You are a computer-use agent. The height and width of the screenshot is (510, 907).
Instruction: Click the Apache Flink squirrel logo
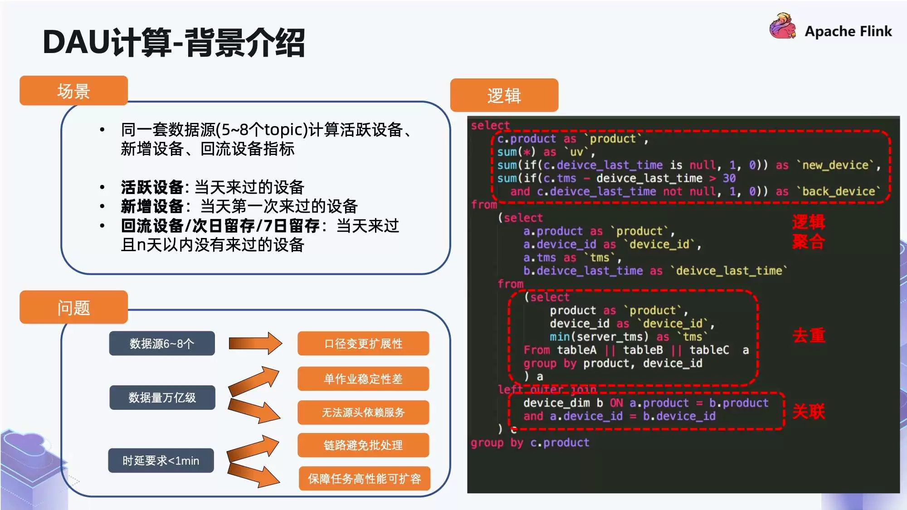pos(782,26)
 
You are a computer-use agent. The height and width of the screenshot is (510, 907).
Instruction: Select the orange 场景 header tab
pos(73,91)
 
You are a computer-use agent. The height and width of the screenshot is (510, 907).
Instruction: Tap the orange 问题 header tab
pos(73,307)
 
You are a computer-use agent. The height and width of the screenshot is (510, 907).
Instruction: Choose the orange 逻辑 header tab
pos(504,95)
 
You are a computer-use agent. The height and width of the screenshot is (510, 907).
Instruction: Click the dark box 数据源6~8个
pos(162,344)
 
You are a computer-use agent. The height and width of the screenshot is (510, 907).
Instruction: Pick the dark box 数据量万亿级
pos(162,398)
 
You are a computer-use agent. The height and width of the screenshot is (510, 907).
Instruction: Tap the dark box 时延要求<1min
pos(161,461)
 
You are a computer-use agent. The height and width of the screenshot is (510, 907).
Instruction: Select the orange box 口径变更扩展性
pos(363,344)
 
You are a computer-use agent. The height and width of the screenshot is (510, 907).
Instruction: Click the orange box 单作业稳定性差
pos(363,379)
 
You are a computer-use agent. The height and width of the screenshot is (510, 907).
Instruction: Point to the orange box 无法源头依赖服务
pos(363,413)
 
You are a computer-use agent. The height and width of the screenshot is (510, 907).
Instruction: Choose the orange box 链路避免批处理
pos(363,445)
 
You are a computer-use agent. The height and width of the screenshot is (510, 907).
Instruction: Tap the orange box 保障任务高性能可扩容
pos(364,479)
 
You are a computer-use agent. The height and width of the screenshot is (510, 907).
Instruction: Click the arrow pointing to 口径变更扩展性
pos(255,343)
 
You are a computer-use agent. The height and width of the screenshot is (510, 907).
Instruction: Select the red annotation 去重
pos(809,335)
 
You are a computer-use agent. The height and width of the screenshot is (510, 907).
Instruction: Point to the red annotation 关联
pos(809,412)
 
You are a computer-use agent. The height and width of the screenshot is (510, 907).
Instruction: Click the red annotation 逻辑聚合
pos(809,232)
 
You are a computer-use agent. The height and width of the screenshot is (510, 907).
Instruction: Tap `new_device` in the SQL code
pos(839,165)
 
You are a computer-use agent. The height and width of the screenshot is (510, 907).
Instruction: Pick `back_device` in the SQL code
pos(839,191)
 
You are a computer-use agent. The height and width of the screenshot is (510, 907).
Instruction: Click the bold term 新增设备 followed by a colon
pos(152,206)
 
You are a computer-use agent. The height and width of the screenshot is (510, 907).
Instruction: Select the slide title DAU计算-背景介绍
pos(174,42)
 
